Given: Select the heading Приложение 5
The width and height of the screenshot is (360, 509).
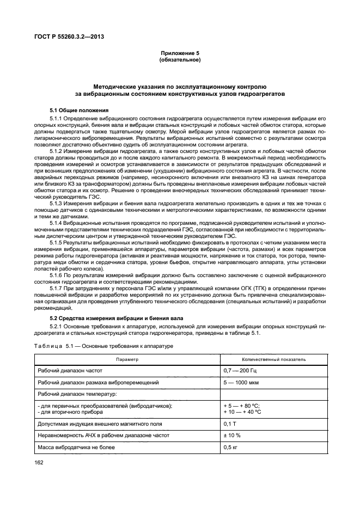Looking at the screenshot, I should tap(180, 53).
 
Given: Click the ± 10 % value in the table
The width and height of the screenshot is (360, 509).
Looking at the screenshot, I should tap(232, 436).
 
